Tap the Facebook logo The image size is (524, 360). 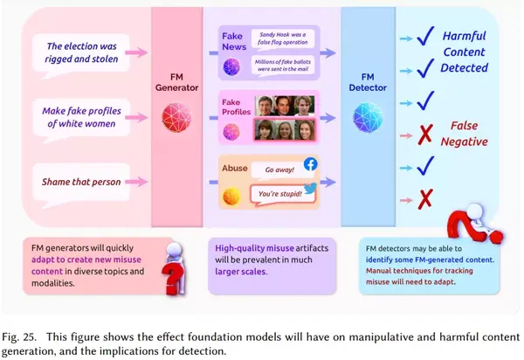(x=312, y=163)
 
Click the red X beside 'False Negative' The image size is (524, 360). (x=426, y=134)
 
